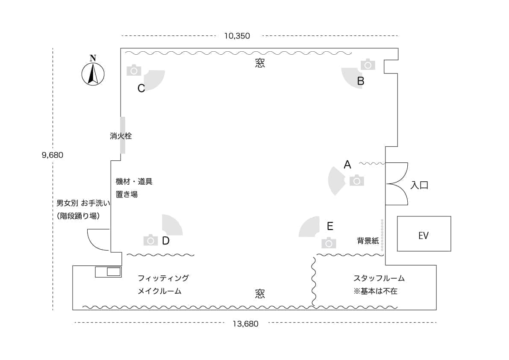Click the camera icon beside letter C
point(134,70)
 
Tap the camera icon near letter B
point(368,64)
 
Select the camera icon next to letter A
point(357,180)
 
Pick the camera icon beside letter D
point(150,240)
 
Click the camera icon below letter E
point(329,243)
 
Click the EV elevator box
point(424,234)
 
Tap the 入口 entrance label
point(419,185)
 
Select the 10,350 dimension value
point(237,36)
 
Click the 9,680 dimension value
point(52,155)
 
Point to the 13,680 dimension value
point(245,324)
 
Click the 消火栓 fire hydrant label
point(121,136)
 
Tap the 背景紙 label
point(368,241)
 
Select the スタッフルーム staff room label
point(379,278)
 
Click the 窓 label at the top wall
point(260,63)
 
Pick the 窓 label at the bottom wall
point(260,294)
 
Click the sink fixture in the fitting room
point(108,271)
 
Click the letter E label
point(330,226)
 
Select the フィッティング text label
point(163,278)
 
